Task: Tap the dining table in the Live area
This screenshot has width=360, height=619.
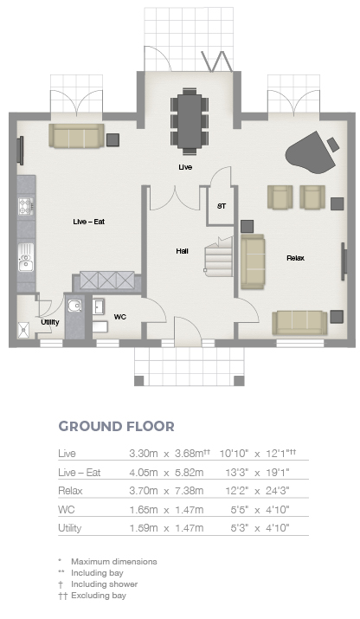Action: tap(190, 121)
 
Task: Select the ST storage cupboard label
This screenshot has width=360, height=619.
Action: tap(222, 206)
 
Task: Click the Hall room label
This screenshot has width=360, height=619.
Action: tap(183, 251)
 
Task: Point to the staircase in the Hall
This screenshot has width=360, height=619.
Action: tap(218, 257)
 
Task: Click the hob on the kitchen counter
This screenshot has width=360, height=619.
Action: tap(25, 206)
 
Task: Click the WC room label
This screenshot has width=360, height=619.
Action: tap(120, 317)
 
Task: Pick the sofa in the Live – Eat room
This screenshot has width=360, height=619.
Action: tap(76, 136)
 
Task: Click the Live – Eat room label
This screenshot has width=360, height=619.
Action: tap(89, 222)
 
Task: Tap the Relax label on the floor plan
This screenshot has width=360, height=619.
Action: tap(296, 258)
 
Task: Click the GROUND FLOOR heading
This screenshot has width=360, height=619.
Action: tap(117, 426)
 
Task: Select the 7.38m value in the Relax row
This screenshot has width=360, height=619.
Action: tap(190, 491)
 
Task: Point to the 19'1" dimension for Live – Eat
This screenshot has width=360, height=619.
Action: tap(278, 472)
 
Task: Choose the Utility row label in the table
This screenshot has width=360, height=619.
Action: tap(70, 528)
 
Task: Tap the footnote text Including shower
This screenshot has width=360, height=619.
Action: tap(104, 584)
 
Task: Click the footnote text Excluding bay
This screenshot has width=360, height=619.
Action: tap(99, 596)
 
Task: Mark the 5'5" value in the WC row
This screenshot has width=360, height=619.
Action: tap(240, 510)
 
